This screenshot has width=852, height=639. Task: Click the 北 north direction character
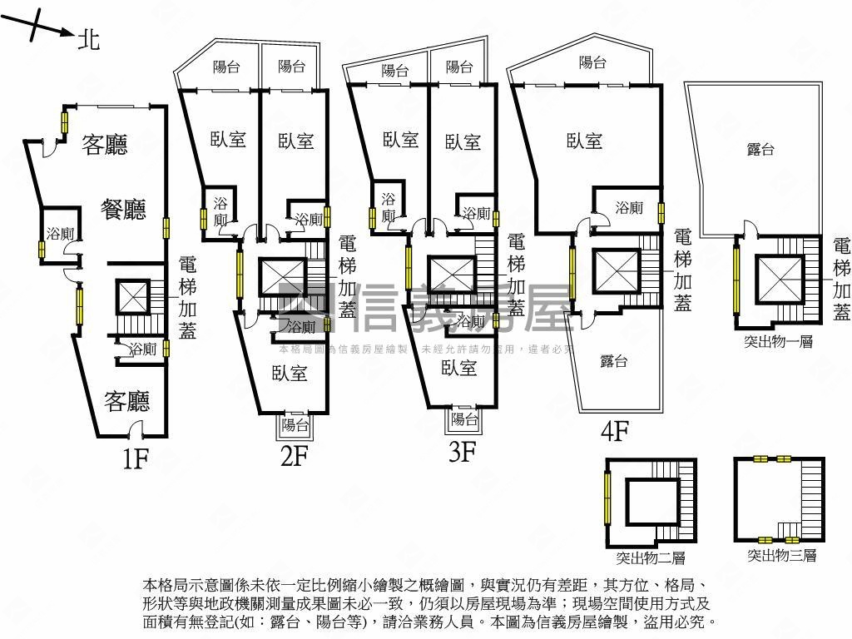88,38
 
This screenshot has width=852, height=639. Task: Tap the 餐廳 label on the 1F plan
123,209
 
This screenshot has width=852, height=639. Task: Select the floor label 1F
135,457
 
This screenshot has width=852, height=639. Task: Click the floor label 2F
295,456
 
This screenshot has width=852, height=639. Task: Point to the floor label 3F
462,453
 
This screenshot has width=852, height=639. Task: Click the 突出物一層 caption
778,341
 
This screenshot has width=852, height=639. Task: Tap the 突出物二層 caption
651,557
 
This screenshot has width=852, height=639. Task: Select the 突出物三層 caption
781,555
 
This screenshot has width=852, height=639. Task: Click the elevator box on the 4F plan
617,271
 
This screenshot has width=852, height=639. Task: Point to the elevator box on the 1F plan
131,296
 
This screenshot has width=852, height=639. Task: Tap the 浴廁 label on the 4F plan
628,208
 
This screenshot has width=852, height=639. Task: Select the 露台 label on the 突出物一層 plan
760,149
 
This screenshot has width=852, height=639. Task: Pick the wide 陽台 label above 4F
592,62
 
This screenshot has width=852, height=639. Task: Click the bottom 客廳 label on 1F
126,402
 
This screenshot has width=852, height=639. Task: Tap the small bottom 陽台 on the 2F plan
295,424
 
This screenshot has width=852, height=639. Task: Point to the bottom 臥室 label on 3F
458,366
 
